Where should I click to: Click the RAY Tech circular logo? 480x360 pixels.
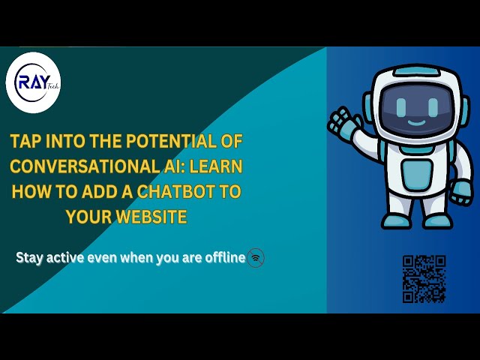(33, 83)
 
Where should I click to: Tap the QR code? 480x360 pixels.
(424, 278)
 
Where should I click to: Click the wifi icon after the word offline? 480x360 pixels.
(256, 258)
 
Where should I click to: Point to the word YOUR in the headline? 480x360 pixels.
(89, 217)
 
